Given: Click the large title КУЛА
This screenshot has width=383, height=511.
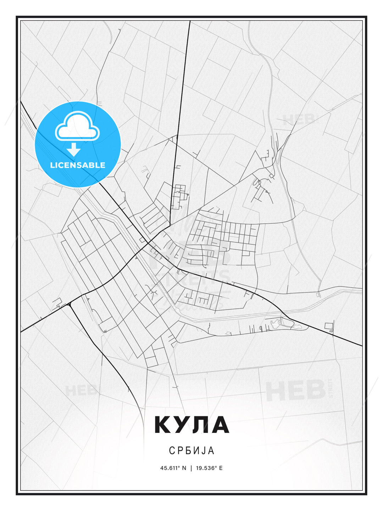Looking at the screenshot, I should click(191, 425).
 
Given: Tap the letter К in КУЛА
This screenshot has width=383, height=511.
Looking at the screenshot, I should click(162, 425).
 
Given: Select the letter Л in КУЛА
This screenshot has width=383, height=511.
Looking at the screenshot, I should click(201, 425).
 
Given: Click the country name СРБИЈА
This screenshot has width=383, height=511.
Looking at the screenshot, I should click(191, 450).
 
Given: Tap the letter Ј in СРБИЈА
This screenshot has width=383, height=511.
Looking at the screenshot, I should click(205, 450).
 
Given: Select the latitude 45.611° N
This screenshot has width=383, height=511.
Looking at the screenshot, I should click(173, 468).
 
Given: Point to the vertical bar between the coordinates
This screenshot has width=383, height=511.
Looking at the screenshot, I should click(191, 468).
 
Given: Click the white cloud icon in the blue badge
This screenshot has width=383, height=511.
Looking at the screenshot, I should click(77, 127).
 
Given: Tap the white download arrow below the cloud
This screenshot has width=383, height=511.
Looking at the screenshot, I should click(73, 149).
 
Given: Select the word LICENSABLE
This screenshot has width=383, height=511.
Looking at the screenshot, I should click(78, 165).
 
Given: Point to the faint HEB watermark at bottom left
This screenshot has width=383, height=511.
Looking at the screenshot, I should click(81, 391).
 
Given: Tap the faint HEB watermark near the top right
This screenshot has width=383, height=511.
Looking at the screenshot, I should click(299, 120).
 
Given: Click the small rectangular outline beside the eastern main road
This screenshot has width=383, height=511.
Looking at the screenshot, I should click(329, 326).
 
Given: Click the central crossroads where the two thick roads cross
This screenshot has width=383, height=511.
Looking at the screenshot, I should click(148, 243).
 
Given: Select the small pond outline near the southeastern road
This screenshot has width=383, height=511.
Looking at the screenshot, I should click(275, 323).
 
